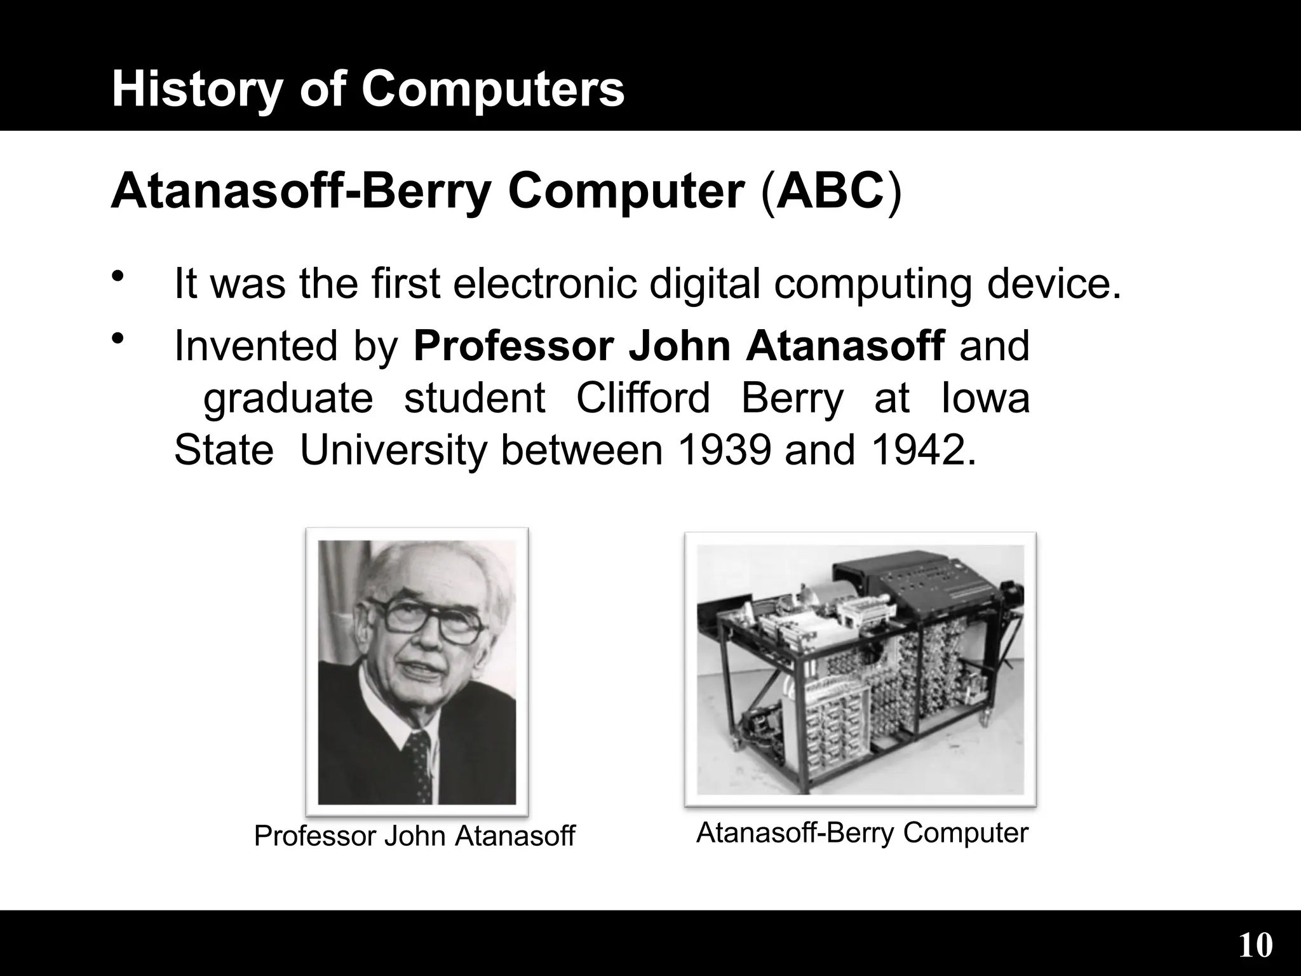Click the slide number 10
(x=1255, y=945)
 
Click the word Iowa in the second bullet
(x=985, y=398)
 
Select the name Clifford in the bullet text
(x=643, y=398)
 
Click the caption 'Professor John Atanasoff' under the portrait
(x=414, y=836)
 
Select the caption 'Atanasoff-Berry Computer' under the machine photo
(x=862, y=832)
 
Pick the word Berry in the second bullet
(x=792, y=398)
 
